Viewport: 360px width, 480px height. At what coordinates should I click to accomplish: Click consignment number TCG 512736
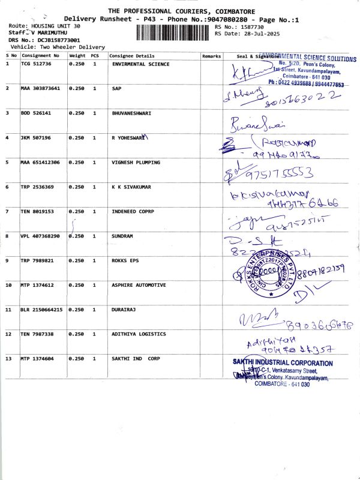pyautogui.click(x=36, y=64)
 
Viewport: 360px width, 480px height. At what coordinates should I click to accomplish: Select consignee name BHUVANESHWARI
pyautogui.click(x=131, y=113)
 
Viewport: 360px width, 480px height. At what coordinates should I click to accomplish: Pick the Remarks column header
pyautogui.click(x=212, y=56)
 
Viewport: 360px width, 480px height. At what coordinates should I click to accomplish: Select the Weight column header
pyautogui.click(x=77, y=56)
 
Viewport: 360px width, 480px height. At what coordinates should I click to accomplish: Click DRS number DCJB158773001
pyautogui.click(x=47, y=40)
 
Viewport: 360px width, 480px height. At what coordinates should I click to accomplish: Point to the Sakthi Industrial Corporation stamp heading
pyautogui.click(x=283, y=363)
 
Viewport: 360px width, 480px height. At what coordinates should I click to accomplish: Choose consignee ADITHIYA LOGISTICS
pyautogui.click(x=139, y=334)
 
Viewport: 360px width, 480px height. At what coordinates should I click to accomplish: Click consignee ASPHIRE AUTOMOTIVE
pyautogui.click(x=139, y=285)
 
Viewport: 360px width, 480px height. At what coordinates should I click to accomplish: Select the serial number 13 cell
pyautogui.click(x=10, y=358)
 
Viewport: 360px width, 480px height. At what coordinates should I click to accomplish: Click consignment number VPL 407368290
pyautogui.click(x=40, y=236)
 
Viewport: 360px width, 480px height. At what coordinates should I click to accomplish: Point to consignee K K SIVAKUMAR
pyautogui.click(x=131, y=187)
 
